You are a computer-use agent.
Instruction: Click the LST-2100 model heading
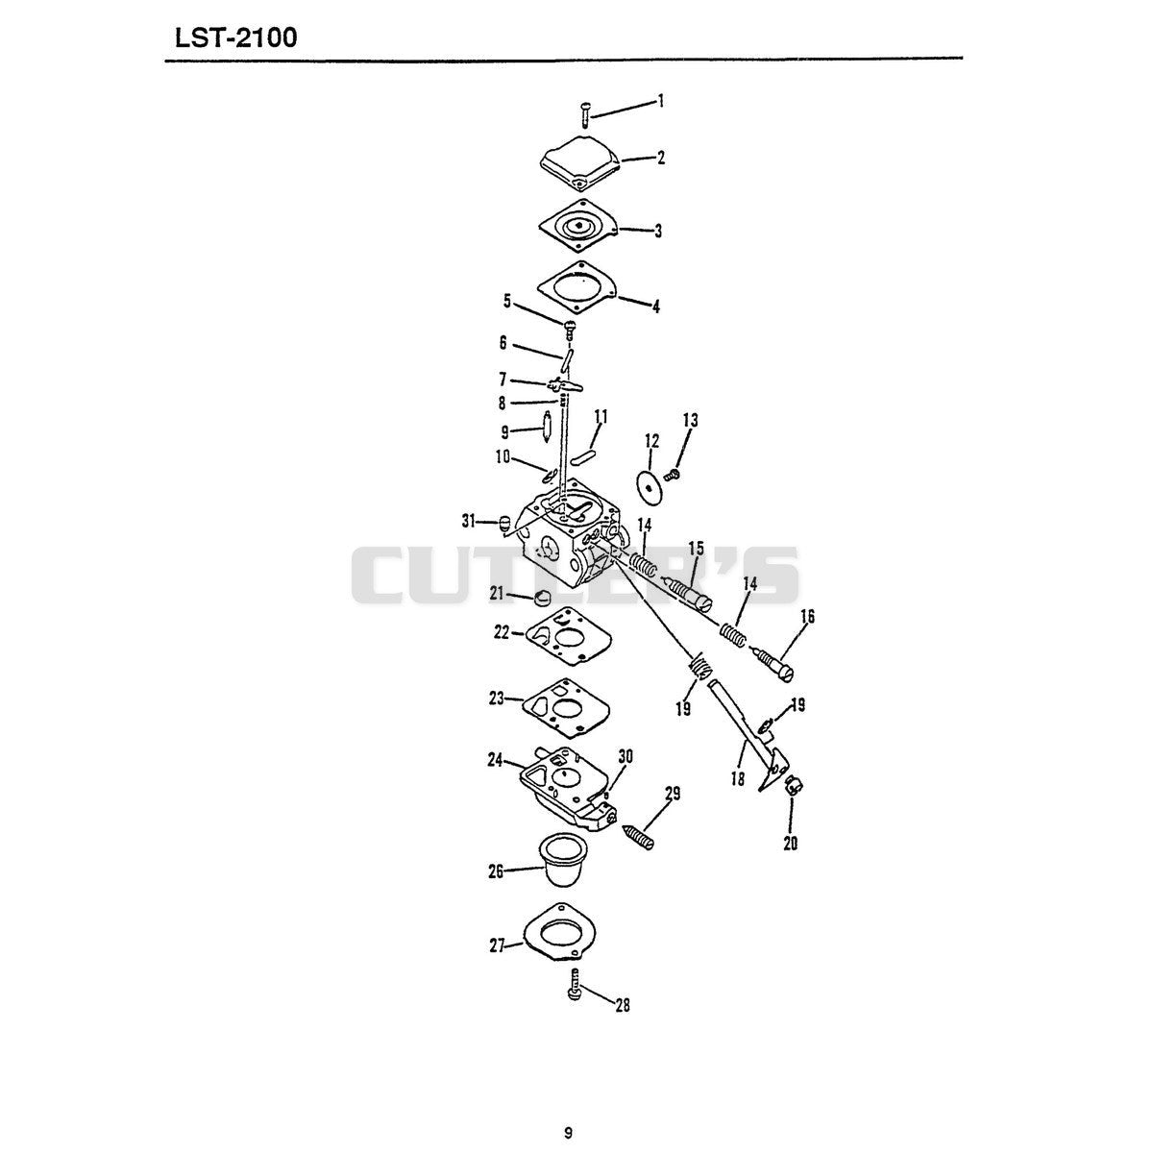[235, 38]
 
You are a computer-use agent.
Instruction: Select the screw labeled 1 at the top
[586, 114]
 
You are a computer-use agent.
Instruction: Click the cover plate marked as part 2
[581, 162]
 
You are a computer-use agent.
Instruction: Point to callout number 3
[657, 231]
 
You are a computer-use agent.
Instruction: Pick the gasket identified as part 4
[577, 288]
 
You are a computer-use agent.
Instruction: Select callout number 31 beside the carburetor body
[468, 521]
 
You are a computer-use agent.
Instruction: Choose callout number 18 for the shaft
[738, 778]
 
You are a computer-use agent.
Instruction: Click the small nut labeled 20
[793, 783]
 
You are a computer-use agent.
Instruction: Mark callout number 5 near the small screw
[506, 302]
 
